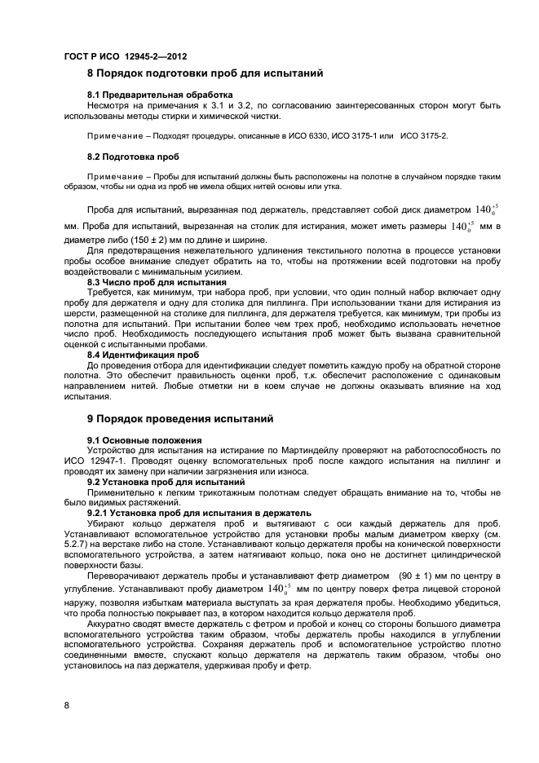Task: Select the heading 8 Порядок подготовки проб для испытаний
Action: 205,73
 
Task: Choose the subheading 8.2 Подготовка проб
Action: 133,155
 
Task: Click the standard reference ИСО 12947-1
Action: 95,460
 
